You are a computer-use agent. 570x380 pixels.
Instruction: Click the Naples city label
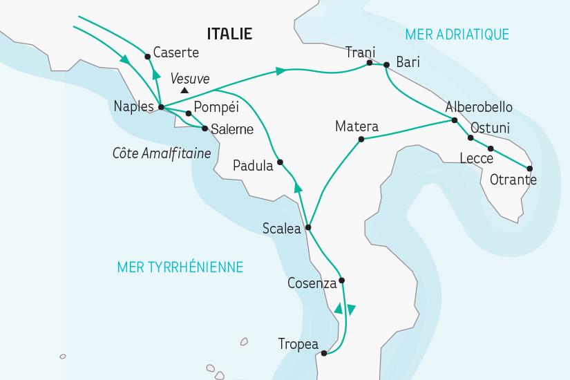point(134,107)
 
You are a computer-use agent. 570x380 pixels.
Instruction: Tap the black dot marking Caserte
point(148,57)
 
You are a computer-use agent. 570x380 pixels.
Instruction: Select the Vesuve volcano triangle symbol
point(184,91)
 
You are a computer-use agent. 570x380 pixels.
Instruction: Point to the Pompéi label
point(216,107)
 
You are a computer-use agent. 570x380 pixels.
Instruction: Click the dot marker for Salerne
point(205,128)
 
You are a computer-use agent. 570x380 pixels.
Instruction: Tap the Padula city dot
point(280,163)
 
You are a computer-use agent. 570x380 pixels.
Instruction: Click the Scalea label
point(282,229)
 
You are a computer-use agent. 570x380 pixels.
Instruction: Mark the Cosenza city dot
point(341,281)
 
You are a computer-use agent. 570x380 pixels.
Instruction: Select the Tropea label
point(298,343)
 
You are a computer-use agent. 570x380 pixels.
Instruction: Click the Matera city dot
point(360,140)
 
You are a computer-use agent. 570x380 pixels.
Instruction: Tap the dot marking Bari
point(386,65)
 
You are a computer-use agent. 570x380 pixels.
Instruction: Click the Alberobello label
point(479,107)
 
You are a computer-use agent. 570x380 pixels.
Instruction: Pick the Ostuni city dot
point(471,137)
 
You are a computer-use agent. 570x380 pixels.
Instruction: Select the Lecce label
point(476,159)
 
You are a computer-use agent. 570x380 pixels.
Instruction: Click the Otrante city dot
point(530,169)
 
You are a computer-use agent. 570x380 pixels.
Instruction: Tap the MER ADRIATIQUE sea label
point(457,34)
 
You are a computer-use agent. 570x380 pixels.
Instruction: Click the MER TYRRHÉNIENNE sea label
point(181,266)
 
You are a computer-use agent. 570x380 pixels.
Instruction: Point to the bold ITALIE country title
point(229,34)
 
